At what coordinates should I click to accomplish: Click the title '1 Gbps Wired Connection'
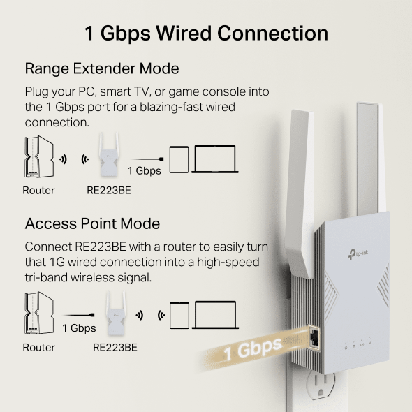206,33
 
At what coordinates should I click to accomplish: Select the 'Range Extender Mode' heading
102,68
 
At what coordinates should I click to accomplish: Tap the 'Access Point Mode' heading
92,223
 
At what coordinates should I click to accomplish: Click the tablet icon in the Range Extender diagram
179,159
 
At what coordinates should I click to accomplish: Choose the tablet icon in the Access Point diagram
179,314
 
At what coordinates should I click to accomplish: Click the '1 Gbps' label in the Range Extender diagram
144,170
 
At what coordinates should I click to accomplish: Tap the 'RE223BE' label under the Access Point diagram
115,347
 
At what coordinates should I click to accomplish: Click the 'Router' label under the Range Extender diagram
38,190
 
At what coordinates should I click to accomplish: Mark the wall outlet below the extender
328,391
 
